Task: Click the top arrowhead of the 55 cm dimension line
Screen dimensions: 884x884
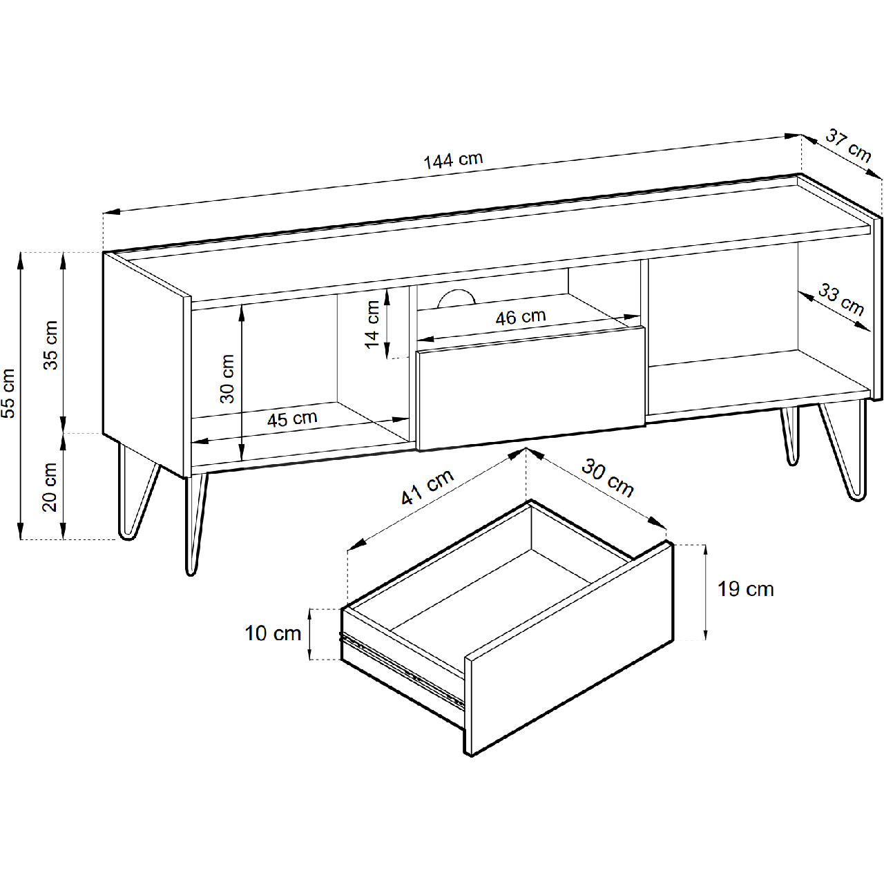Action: point(20,253)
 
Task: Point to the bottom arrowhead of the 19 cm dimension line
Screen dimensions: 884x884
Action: point(705,639)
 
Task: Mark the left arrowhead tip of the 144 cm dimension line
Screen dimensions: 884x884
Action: point(104,213)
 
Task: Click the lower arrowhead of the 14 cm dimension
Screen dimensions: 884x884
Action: point(387,357)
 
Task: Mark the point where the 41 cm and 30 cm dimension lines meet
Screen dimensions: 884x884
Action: point(526,449)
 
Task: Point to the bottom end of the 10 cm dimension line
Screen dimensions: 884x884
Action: point(310,660)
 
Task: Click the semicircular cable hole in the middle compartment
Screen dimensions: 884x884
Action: point(456,298)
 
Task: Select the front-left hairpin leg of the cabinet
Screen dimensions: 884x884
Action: point(195,523)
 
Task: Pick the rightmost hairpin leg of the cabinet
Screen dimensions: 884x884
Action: point(845,450)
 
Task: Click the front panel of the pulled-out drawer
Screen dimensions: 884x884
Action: point(569,648)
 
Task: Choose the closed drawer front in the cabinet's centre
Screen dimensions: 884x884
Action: point(531,387)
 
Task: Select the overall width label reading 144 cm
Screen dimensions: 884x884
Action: point(453,160)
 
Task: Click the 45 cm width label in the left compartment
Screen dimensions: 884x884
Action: point(292,419)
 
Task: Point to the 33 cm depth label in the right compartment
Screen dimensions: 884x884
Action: point(841,300)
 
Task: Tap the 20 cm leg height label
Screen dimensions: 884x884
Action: point(50,487)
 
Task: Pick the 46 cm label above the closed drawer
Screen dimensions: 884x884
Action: point(521,317)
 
